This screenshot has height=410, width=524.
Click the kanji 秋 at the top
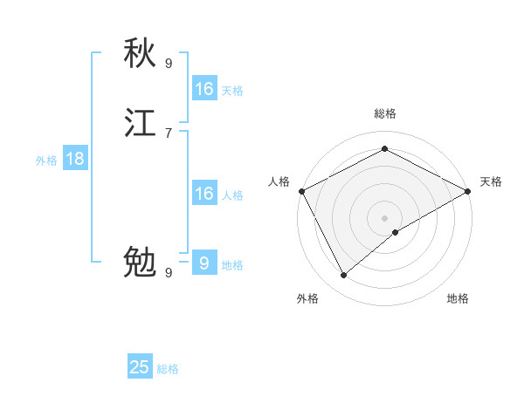click(x=140, y=54)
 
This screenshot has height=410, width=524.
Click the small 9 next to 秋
click(x=169, y=63)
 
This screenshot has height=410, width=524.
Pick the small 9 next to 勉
click(x=169, y=272)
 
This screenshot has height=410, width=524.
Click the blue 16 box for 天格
click(x=204, y=89)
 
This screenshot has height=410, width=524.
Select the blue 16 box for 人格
click(x=204, y=194)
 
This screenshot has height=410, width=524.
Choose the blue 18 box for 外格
click(x=75, y=159)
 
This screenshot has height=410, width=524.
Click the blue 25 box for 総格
click(x=140, y=367)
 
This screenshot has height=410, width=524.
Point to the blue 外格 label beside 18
click(x=46, y=161)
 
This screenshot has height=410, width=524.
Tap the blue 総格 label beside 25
click(x=168, y=369)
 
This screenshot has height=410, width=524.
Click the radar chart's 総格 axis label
click(x=384, y=114)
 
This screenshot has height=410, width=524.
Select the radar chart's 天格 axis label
click(x=491, y=181)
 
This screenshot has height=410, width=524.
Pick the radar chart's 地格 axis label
click(x=458, y=298)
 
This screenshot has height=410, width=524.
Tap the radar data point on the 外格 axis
click(x=344, y=275)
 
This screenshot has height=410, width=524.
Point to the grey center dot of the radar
click(x=384, y=217)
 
